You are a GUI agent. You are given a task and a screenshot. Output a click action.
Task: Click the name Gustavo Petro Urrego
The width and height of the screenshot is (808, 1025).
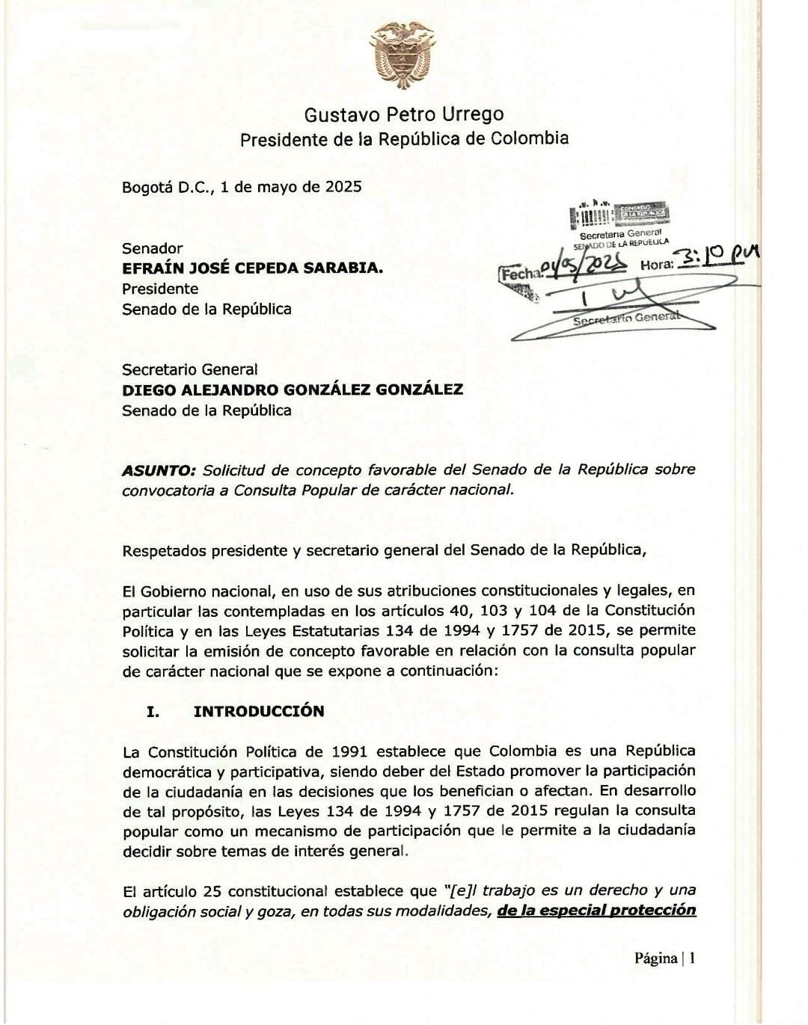(403, 114)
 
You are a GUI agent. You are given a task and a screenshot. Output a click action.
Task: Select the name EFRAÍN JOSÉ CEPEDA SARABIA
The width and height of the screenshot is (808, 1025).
(252, 268)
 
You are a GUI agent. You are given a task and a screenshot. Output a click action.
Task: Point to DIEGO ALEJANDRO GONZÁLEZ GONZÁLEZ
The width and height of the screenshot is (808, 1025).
(293, 390)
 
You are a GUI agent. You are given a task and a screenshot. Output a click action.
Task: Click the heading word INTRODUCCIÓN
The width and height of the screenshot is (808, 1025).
(259, 711)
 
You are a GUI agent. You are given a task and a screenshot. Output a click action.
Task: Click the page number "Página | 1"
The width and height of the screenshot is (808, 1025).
(665, 958)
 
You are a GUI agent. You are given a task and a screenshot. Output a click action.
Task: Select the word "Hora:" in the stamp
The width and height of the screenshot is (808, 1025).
(656, 265)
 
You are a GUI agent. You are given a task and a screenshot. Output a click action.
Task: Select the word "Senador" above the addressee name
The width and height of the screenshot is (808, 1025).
(152, 248)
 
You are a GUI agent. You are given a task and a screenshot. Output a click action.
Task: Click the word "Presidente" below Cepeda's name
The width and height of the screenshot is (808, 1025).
(160, 289)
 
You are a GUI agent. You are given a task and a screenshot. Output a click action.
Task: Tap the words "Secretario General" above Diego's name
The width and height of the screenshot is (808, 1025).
(189, 369)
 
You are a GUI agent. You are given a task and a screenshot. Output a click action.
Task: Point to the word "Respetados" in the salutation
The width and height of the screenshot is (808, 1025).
(162, 550)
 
